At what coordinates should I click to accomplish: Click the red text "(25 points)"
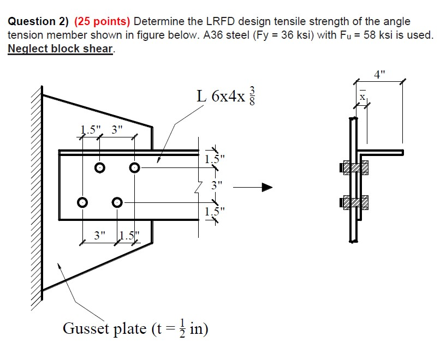[102, 22]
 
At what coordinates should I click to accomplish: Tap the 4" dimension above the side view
[380, 73]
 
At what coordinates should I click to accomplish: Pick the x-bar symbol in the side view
[361, 96]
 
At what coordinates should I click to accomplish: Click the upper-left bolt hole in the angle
[99, 168]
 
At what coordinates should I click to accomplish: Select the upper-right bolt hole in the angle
[134, 168]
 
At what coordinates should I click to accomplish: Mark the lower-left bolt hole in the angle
[82, 202]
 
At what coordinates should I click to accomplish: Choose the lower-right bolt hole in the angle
[117, 202]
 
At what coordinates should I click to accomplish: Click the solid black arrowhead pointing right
[266, 188]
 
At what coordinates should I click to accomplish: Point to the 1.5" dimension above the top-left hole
[88, 130]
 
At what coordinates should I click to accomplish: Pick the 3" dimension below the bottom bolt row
[99, 236]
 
